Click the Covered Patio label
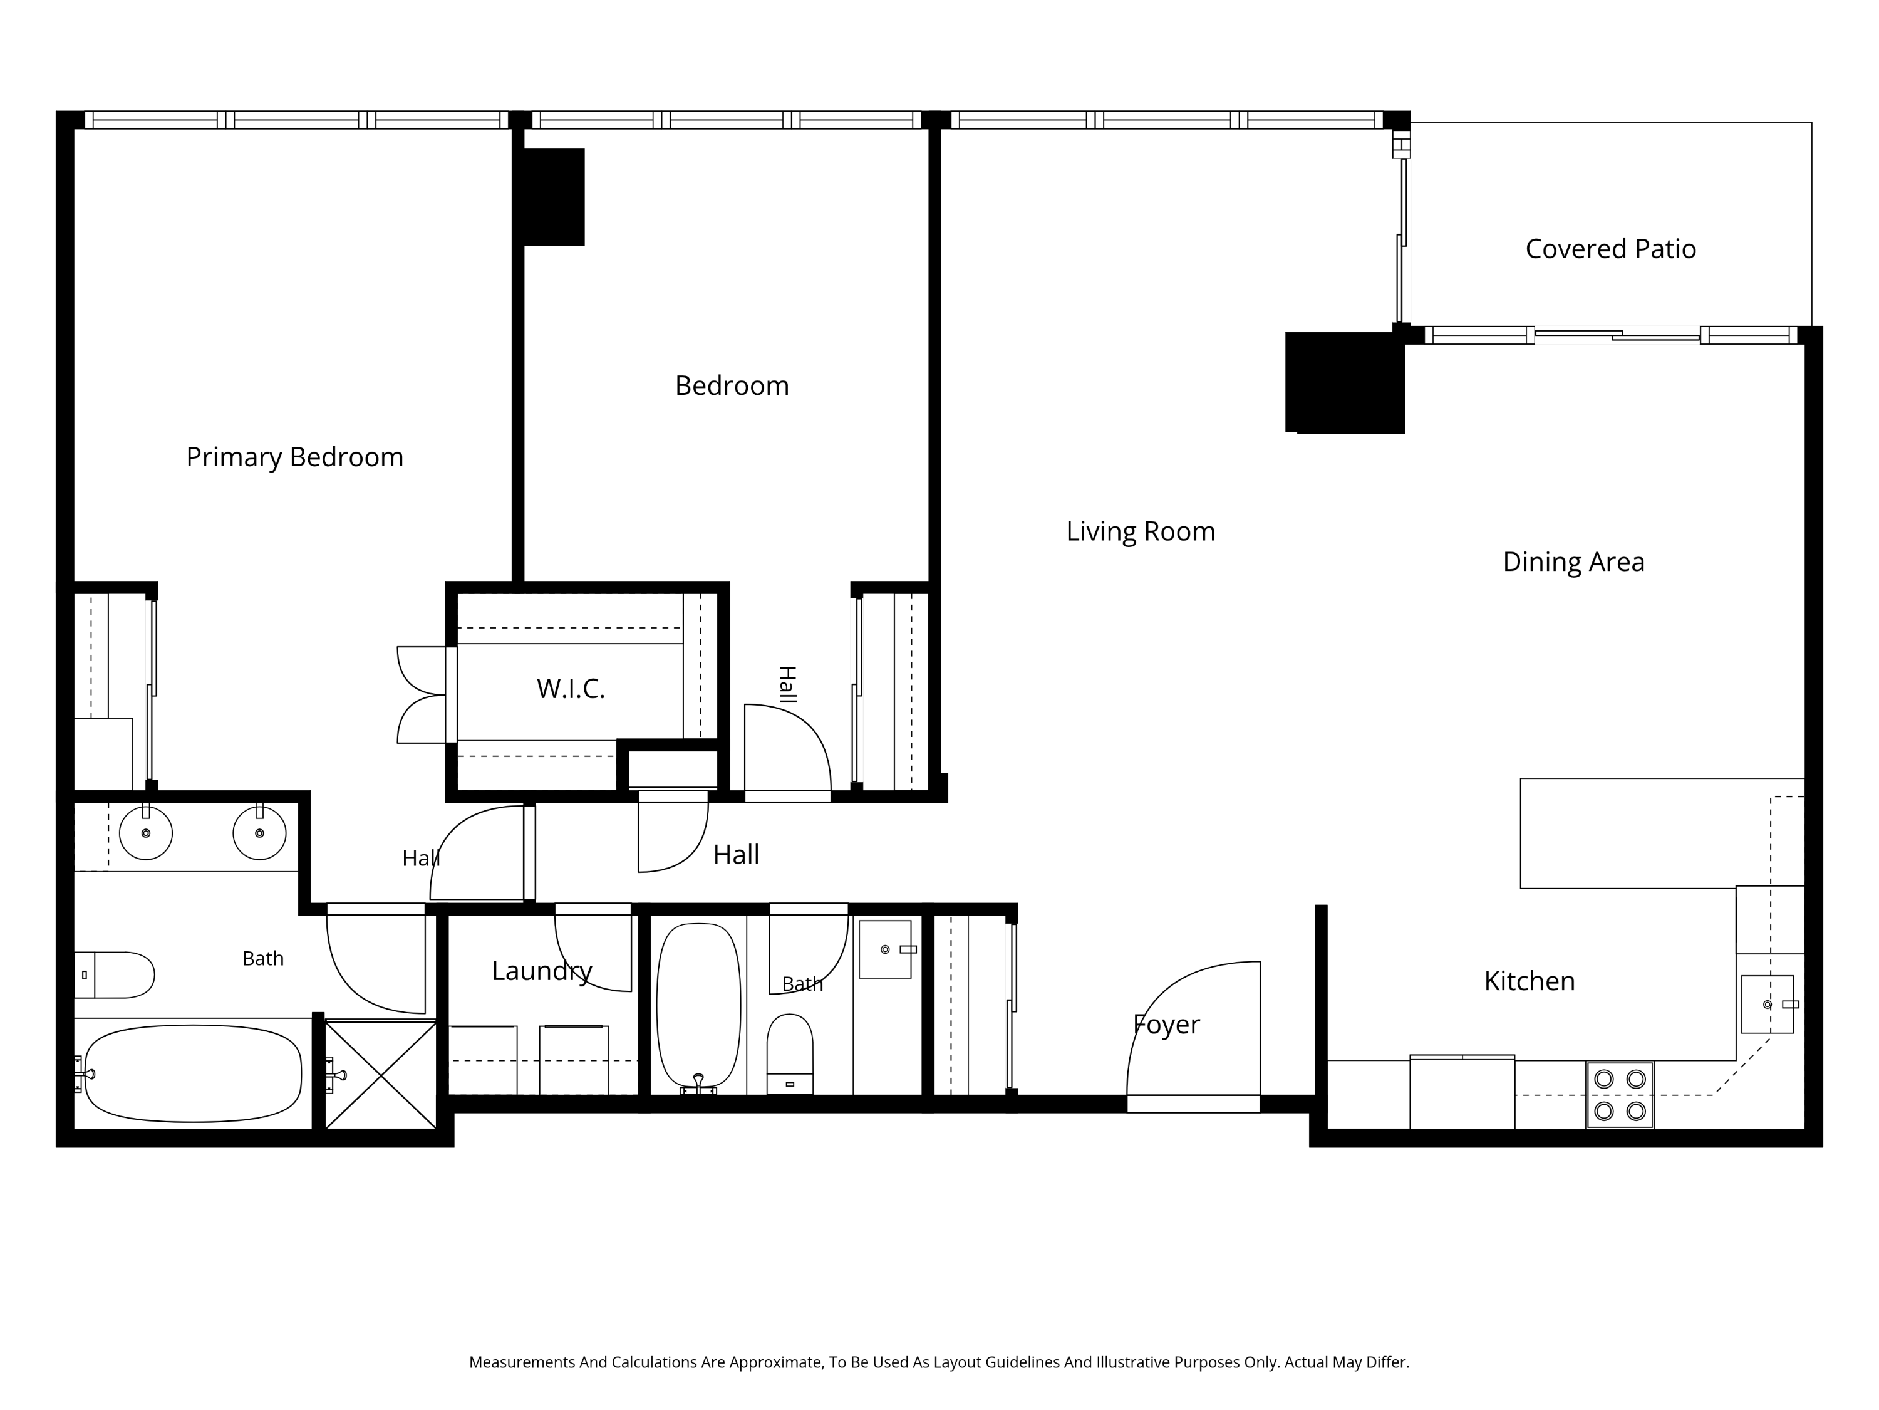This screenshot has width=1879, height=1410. point(1610,249)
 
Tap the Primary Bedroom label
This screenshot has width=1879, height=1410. point(295,457)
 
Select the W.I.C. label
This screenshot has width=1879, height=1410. point(571,689)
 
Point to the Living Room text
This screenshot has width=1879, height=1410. point(1141,532)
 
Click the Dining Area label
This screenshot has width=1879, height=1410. point(1574,561)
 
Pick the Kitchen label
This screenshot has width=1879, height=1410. point(1529,981)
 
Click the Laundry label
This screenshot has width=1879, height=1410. point(542,971)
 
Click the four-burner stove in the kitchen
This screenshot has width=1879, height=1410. point(1620,1095)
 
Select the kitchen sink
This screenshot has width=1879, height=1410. point(1767,1005)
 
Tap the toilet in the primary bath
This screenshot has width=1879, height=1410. point(114,975)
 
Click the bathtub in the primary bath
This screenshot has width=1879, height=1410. point(193,1073)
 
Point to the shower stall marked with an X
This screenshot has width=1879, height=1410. point(381,1075)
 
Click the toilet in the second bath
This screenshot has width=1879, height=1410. point(790,1054)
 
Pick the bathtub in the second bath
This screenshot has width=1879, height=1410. point(699,1006)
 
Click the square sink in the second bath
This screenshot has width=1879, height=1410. point(885,949)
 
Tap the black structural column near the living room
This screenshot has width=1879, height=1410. point(1345,382)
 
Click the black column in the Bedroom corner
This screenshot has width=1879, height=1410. point(554,197)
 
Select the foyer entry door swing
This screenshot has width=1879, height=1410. point(1194,1028)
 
